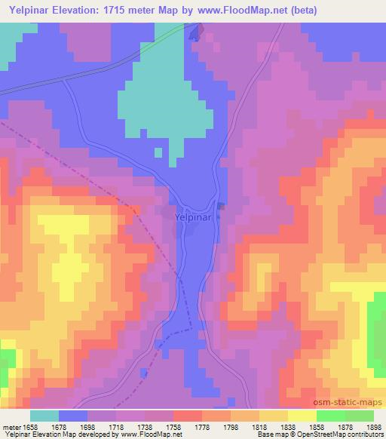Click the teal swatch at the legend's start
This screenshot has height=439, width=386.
pos(44,416)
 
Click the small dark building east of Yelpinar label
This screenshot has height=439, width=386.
pos(221,205)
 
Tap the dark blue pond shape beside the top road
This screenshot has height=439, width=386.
pos(195,33)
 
